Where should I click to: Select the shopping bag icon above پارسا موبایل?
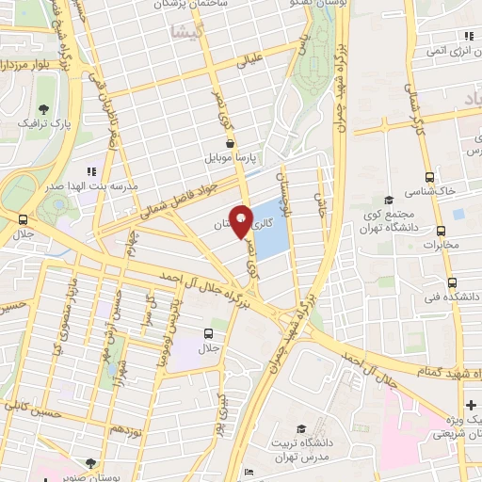pyautogui.click(x=231, y=142)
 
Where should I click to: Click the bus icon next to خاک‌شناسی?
pyautogui.click(x=430, y=176)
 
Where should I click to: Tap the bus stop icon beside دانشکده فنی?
pyautogui.click(x=452, y=281)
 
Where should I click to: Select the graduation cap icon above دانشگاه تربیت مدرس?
pyautogui.click(x=301, y=428)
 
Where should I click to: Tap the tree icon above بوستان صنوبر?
pyautogui.click(x=89, y=462)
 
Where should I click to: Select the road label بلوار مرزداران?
pyautogui.click(x=19, y=66)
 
